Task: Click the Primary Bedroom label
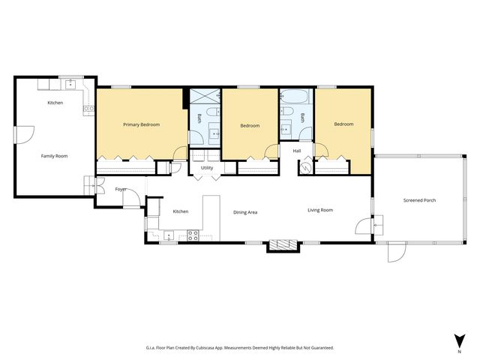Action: (x=142, y=124)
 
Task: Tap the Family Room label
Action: (x=54, y=156)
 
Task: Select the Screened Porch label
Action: (x=419, y=200)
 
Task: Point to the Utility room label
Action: (x=207, y=168)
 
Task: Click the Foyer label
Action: (x=121, y=189)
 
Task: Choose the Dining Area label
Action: (x=245, y=212)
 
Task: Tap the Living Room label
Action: (x=320, y=210)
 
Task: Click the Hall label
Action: (x=297, y=151)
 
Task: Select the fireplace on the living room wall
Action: (x=283, y=244)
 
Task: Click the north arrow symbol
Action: (x=460, y=341)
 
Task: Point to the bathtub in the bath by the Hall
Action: (x=294, y=97)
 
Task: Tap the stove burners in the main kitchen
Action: (x=193, y=235)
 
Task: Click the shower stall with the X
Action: (x=205, y=96)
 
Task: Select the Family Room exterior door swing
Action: (x=25, y=135)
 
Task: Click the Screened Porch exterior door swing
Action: (x=397, y=253)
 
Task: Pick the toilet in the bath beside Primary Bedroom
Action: (x=213, y=112)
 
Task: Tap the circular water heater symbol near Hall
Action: (x=305, y=167)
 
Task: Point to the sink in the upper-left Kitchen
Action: (x=70, y=84)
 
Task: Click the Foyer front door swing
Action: (x=132, y=198)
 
